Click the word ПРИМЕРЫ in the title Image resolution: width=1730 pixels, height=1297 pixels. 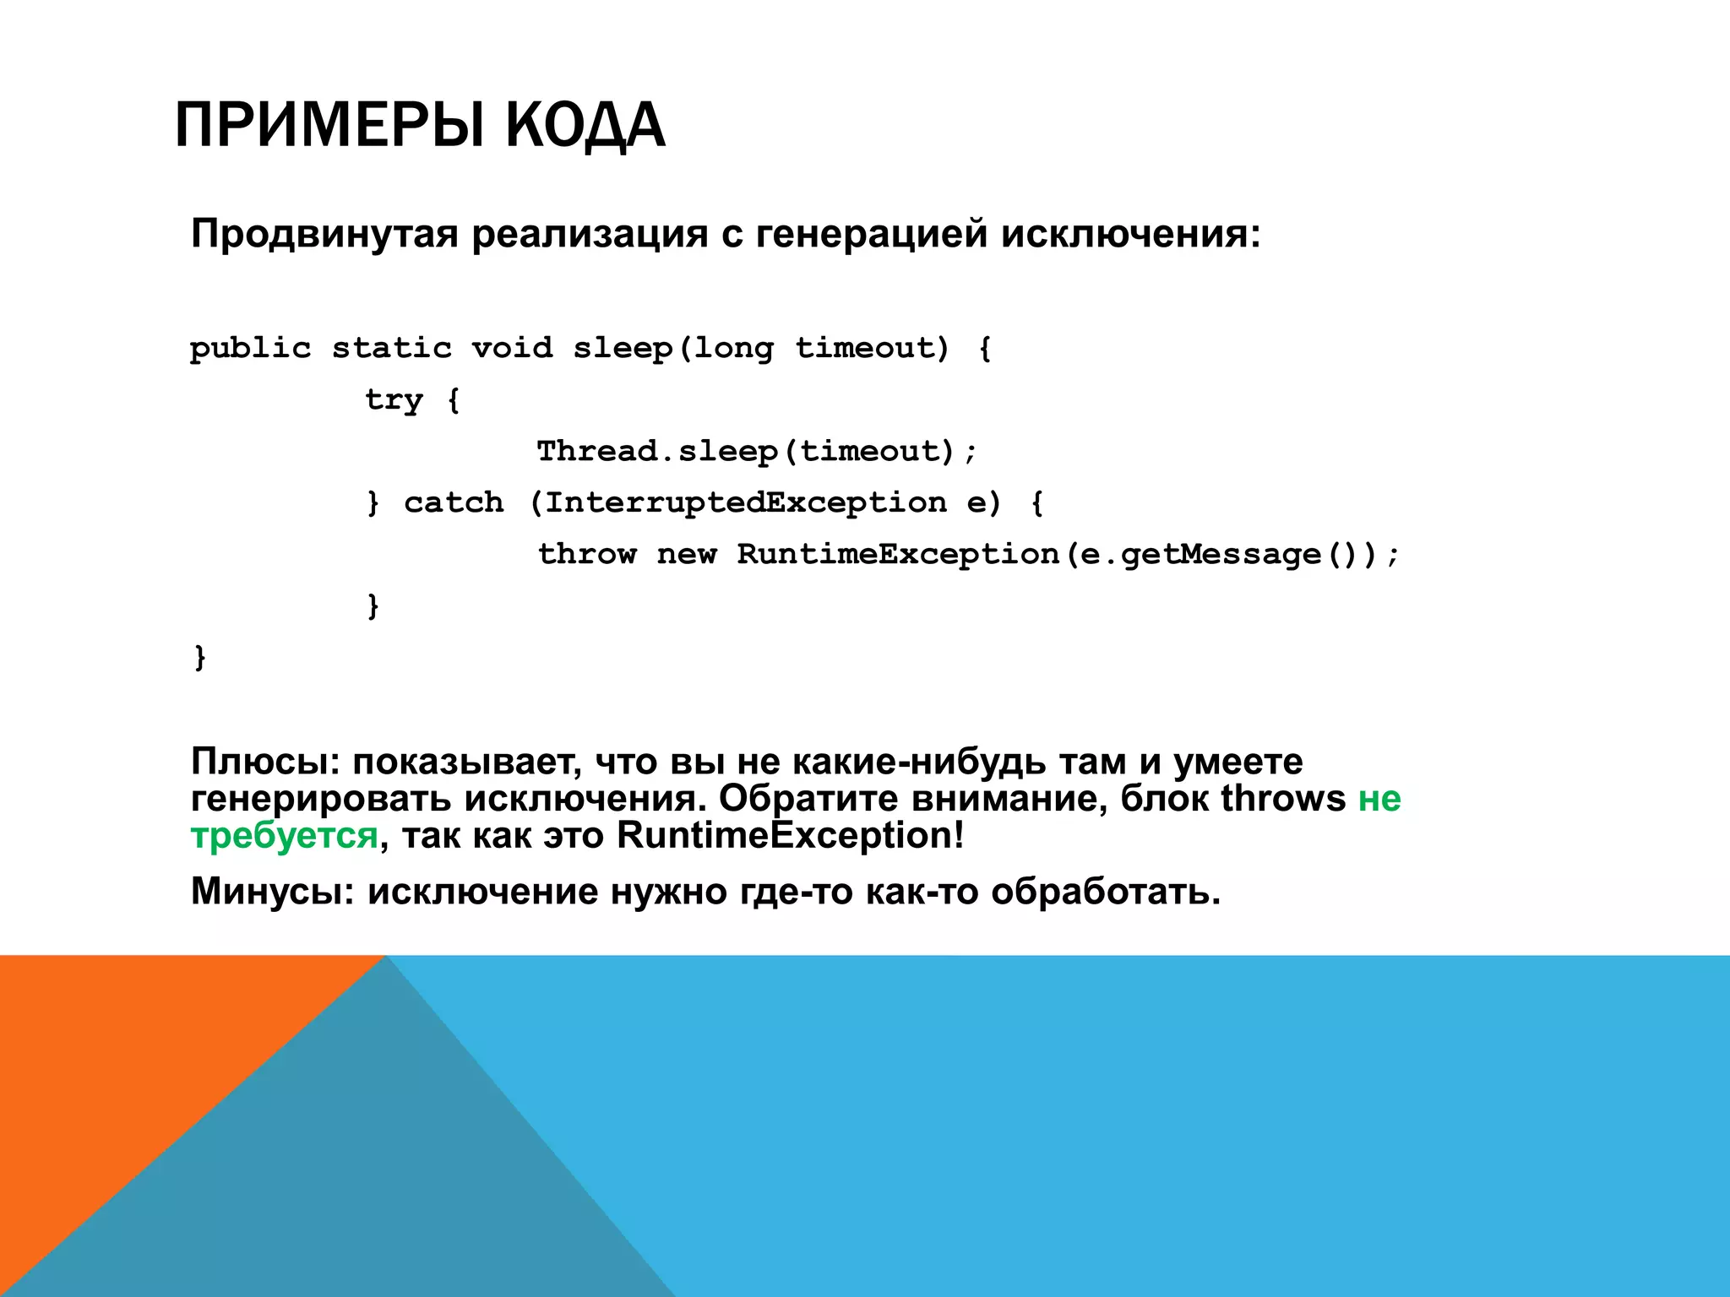click(329, 125)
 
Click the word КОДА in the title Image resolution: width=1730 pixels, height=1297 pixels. click(585, 125)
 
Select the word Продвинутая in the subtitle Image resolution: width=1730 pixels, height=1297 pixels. click(324, 234)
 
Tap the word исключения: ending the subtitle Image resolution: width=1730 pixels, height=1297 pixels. click(1130, 234)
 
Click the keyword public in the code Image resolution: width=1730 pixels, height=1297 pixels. click(250, 349)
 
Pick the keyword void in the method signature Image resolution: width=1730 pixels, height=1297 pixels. click(512, 348)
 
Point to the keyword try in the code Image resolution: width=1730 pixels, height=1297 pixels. click(394, 400)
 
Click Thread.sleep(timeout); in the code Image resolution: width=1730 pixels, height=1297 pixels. click(757, 452)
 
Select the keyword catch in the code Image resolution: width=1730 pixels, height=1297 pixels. click(454, 503)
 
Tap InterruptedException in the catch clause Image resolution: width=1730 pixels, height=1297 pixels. click(745, 503)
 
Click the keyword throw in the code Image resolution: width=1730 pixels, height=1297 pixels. click(587, 555)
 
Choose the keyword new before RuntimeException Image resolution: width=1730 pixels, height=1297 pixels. click(686, 555)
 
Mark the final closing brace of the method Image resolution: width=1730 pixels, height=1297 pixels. click(200, 657)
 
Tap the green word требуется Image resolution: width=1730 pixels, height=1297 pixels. click(284, 836)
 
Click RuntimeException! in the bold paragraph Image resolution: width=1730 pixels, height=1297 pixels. click(790, 836)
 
